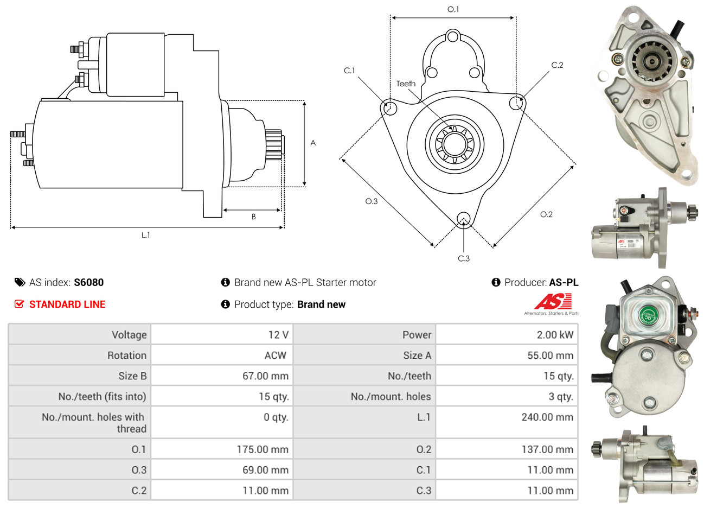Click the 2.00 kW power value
pos(554,335)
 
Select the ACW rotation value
pos(275,355)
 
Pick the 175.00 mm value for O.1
pos(263,449)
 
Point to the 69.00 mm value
pos(265,470)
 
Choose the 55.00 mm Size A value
pos(550,355)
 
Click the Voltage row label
pos(129,335)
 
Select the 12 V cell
pos(278,335)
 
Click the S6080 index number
pos(88,282)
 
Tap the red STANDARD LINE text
pos(67,304)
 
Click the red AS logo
pos(553,301)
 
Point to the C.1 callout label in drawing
pos(349,71)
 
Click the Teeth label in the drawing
pos(406,84)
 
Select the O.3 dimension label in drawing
pos(371,201)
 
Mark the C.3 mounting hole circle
pos(463,219)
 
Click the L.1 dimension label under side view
pos(145,235)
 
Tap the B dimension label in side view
pos(253,217)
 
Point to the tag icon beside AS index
pos(20,282)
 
